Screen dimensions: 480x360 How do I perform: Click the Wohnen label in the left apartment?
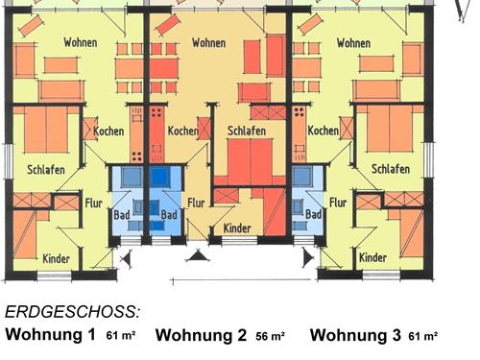[x=81, y=42]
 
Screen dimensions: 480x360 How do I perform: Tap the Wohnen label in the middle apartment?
[x=208, y=42]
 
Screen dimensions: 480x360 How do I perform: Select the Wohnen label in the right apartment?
[x=353, y=43]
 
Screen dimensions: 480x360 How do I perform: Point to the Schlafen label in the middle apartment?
[x=247, y=131]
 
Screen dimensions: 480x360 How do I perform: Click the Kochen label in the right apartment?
[x=324, y=131]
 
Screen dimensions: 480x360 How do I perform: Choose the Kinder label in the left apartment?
[x=57, y=258]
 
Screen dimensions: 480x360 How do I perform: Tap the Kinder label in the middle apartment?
[x=237, y=228]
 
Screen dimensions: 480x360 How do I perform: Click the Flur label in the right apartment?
[x=338, y=203]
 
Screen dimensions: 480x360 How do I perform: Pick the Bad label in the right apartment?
[x=313, y=214]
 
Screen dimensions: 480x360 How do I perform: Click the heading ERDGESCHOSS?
[x=73, y=312]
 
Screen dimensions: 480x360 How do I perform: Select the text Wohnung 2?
[x=201, y=335]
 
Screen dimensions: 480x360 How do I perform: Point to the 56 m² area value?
[x=270, y=336]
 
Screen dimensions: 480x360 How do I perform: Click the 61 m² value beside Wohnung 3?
[x=423, y=336]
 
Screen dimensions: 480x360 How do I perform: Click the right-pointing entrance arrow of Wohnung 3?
[x=308, y=258]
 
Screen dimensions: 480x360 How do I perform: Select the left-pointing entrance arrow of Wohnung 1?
[x=127, y=258]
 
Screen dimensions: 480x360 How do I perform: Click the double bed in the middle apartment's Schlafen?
[x=251, y=161]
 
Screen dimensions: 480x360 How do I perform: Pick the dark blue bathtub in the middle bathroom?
[x=160, y=177]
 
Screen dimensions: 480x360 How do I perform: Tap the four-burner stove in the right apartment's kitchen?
[x=300, y=112]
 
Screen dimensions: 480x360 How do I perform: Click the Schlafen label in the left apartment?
[x=46, y=170]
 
